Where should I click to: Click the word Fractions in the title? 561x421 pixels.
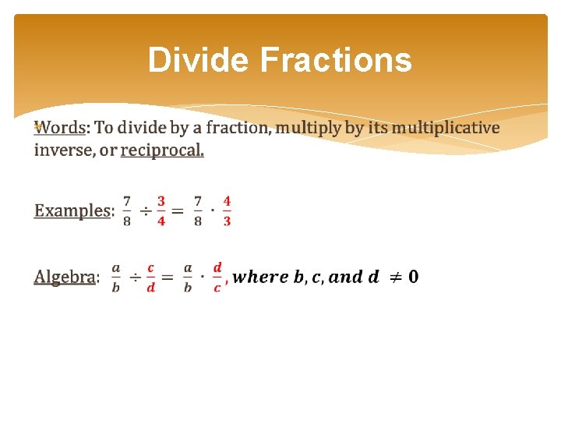(336, 60)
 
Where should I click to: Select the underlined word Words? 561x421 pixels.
(62, 127)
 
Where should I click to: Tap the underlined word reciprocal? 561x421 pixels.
(162, 150)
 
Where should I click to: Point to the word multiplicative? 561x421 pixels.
(445, 127)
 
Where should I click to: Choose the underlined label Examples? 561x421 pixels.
(72, 210)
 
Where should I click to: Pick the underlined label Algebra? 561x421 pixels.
(65, 277)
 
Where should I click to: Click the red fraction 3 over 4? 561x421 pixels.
(161, 210)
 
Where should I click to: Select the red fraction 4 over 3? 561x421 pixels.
(227, 210)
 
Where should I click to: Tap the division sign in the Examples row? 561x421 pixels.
(145, 211)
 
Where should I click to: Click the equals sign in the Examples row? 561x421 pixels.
(178, 211)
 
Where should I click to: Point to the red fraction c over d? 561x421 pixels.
(150, 277)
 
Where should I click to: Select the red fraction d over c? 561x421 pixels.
(217, 277)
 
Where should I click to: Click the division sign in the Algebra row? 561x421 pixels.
(135, 277)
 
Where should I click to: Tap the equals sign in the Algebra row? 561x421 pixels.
(167, 277)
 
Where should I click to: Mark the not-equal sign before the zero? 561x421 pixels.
(394, 276)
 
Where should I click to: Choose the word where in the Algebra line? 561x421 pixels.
(259, 276)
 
